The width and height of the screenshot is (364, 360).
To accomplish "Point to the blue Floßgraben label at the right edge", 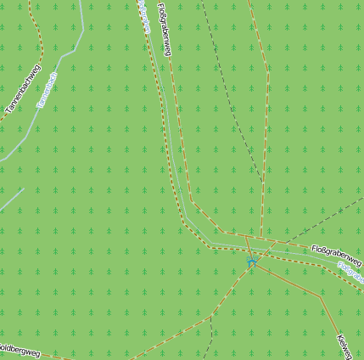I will tap(350, 271).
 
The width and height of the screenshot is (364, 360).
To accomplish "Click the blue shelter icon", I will tap(252, 262).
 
